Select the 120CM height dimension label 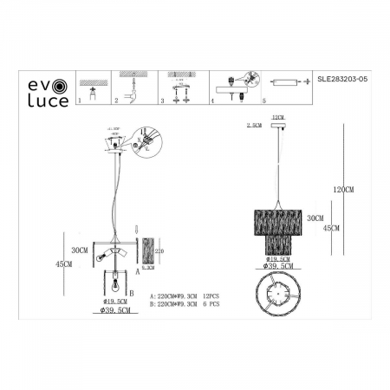(343, 188)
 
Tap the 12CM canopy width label (278, 115)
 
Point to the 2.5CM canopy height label (254, 126)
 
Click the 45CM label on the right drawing (330, 228)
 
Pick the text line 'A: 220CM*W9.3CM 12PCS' (187, 296)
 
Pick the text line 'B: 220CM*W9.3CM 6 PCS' (187, 306)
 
